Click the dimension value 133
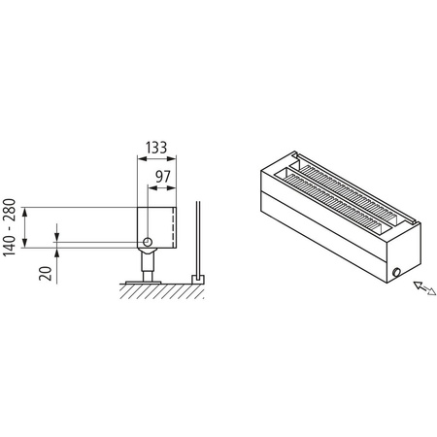(x=154, y=149)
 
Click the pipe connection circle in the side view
(x=147, y=241)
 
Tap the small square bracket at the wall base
(x=198, y=279)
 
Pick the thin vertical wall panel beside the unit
(x=198, y=238)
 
